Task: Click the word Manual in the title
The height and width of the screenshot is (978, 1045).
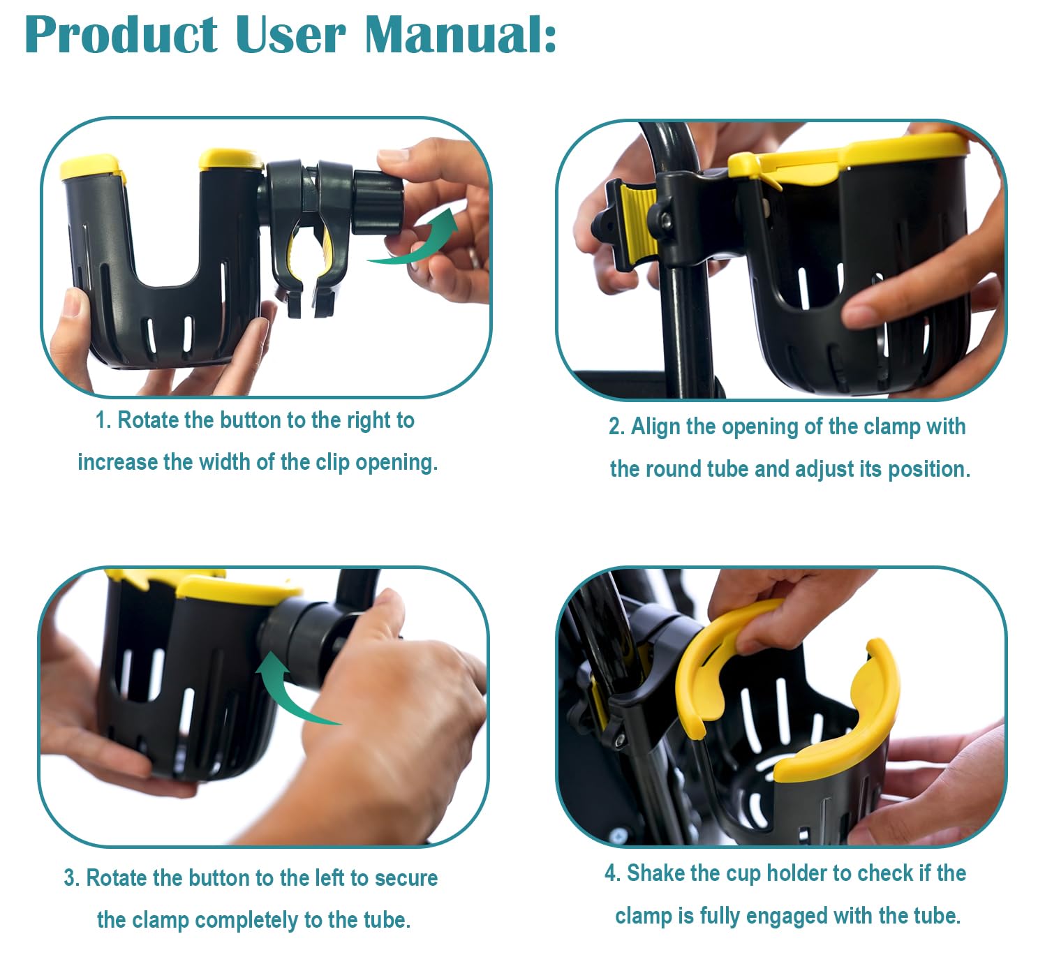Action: click(460, 35)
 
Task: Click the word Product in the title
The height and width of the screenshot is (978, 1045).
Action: click(121, 35)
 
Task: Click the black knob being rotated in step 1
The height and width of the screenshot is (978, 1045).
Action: click(378, 202)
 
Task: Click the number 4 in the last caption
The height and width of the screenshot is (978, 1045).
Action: click(610, 873)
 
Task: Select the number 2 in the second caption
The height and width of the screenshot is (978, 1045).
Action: click(614, 427)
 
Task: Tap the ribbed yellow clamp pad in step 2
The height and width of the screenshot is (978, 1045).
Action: click(636, 223)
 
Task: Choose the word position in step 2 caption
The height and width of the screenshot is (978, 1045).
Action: click(929, 470)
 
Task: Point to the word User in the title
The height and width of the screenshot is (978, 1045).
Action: click(290, 35)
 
